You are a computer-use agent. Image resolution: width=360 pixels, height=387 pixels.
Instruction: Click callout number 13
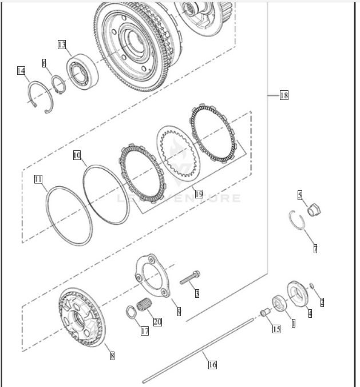point(62,44)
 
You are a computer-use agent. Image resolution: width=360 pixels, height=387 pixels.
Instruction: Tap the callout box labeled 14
point(21,71)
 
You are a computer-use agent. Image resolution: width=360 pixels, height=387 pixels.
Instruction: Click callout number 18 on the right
point(283,95)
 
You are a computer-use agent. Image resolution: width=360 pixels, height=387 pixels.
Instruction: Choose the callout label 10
point(77,155)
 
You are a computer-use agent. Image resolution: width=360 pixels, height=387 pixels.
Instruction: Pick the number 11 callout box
point(38,179)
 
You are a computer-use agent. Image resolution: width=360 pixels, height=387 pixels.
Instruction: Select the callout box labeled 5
point(300,195)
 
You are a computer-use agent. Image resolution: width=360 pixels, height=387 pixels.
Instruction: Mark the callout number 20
point(157,322)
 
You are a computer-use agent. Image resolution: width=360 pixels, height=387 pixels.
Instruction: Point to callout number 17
point(145,330)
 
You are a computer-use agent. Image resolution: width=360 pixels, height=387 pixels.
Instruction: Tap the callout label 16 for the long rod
point(212,364)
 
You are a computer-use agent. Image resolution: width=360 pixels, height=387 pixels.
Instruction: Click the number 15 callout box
point(276,329)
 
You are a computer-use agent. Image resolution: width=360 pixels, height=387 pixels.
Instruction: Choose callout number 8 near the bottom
point(112,355)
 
